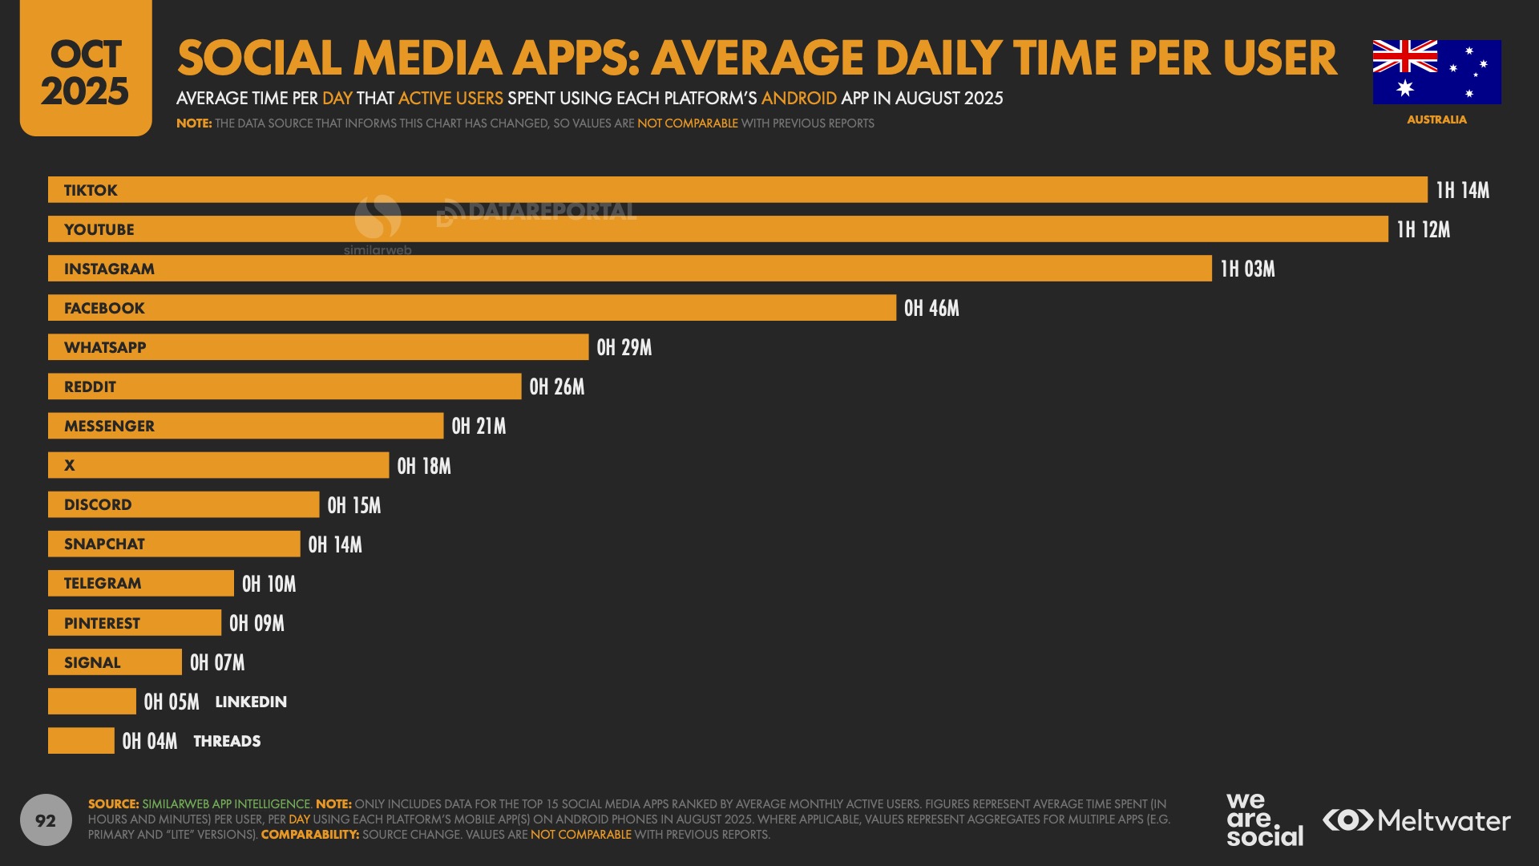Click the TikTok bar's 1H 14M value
[x=1462, y=190]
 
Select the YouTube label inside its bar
[x=99, y=229]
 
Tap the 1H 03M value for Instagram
[x=1247, y=269]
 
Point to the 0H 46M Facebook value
[x=931, y=308]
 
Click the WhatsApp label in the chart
[x=105, y=347]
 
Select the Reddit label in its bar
[x=90, y=386]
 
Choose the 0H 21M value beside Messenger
[x=479, y=426]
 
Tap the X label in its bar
[x=70, y=465]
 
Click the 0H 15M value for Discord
[x=354, y=505]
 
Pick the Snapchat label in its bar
[x=104, y=544]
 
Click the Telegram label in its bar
[x=103, y=583]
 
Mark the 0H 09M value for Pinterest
[x=256, y=623]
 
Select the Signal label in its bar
[x=92, y=662]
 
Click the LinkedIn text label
[x=251, y=702]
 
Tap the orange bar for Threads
[x=81, y=741]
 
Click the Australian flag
[x=1436, y=72]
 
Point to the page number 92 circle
[x=46, y=820]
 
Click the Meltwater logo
[x=1416, y=820]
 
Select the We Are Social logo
[x=1264, y=819]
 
